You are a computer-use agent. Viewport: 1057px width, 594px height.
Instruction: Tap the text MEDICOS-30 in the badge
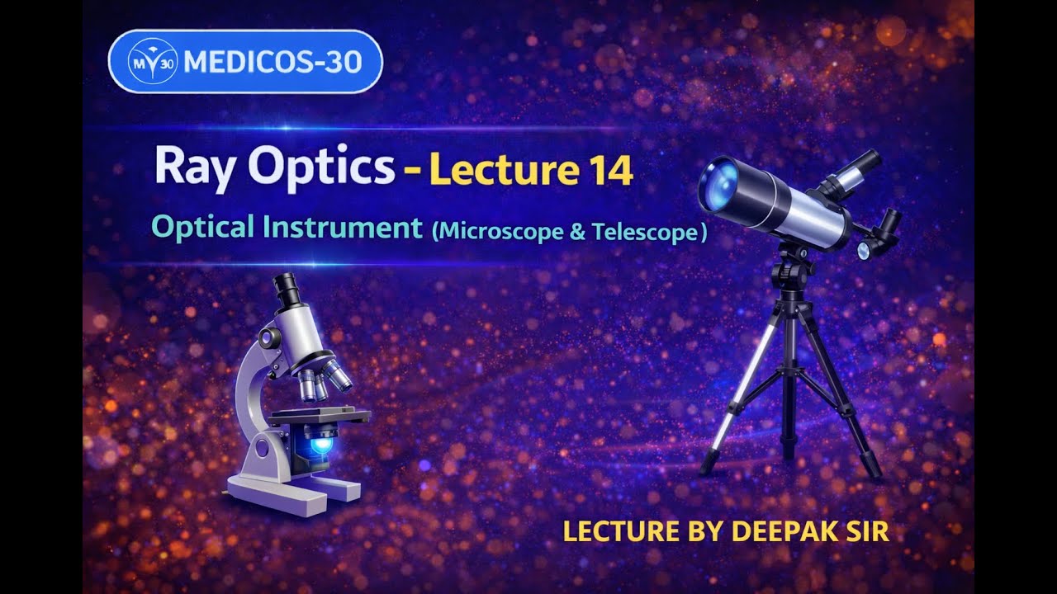(x=273, y=61)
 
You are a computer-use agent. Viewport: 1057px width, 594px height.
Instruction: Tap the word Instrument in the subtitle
(x=343, y=228)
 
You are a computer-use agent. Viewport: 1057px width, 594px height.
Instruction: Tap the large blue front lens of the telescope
(x=719, y=186)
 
